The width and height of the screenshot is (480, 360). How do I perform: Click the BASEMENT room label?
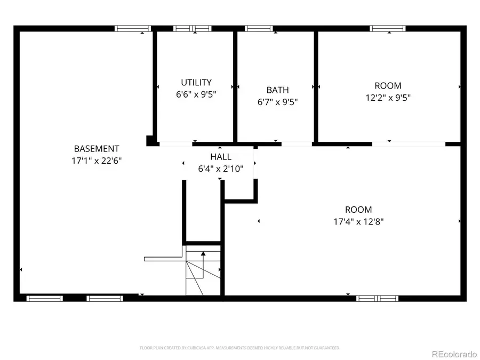(97, 149)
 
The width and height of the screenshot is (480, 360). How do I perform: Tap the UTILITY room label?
(196, 82)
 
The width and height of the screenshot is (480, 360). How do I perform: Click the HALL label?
(220, 157)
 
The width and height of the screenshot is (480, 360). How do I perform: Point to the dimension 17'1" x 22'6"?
(97, 160)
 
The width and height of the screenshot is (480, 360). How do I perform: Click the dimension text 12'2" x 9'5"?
(388, 98)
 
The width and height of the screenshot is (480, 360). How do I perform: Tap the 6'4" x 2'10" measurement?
(220, 169)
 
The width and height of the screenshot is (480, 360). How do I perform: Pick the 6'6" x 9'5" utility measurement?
(196, 94)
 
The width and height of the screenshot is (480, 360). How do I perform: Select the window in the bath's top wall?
(259, 29)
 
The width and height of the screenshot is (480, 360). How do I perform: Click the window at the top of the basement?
(133, 29)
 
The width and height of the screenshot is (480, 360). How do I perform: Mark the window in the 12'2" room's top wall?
(388, 29)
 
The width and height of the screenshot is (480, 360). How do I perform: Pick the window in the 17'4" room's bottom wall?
(377, 298)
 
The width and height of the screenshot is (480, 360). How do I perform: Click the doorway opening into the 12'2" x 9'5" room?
(409, 143)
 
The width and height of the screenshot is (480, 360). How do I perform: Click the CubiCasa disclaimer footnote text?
(239, 348)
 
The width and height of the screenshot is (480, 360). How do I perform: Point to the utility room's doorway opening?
(175, 143)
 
